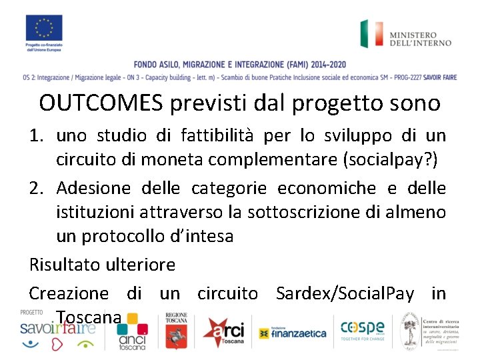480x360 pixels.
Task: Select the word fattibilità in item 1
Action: (x=215, y=136)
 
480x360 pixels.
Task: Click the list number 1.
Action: (x=37, y=136)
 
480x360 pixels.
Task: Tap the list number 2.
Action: (x=37, y=189)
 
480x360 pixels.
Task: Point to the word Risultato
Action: (x=65, y=265)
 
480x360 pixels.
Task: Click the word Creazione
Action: (x=69, y=293)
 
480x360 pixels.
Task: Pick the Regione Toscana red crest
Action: (x=177, y=331)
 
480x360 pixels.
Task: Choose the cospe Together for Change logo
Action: (x=362, y=330)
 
